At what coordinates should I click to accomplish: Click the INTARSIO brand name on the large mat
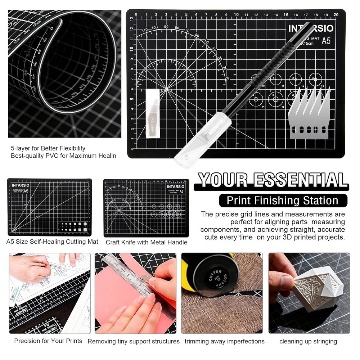(x=311, y=28)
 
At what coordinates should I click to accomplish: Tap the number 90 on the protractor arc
(x=166, y=27)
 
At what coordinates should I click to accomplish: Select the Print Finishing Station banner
(x=283, y=200)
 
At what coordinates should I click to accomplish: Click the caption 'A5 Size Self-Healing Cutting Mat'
(x=52, y=242)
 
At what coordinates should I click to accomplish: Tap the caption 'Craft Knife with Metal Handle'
(x=147, y=242)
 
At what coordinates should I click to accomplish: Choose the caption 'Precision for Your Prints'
(x=48, y=341)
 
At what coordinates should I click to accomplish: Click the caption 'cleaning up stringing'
(x=308, y=341)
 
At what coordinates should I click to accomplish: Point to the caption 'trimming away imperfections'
(x=225, y=341)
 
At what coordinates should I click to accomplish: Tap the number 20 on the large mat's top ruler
(x=336, y=14)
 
